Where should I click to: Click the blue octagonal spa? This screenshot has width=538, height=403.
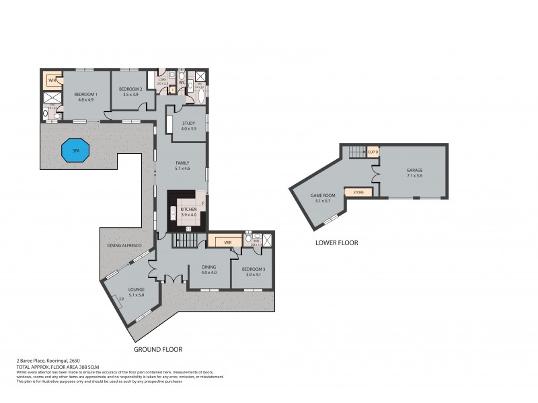[x=74, y=150]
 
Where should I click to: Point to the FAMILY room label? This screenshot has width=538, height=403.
[x=182, y=165]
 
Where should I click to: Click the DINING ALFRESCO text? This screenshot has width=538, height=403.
[x=123, y=246]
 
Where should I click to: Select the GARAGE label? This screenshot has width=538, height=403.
[x=414, y=171]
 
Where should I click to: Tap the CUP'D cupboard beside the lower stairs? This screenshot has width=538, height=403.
[x=373, y=152]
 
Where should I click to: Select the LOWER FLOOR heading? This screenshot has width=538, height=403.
[x=336, y=242]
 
